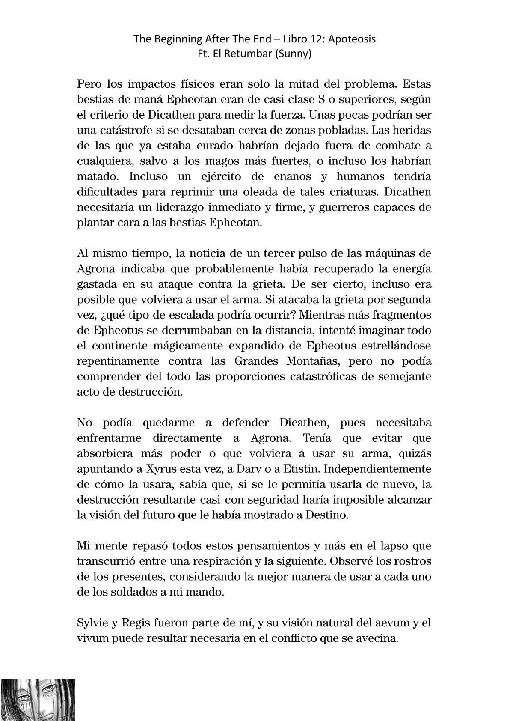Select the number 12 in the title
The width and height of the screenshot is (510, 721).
(307, 39)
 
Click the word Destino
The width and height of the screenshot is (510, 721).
(327, 515)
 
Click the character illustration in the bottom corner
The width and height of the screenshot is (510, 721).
(38, 700)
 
